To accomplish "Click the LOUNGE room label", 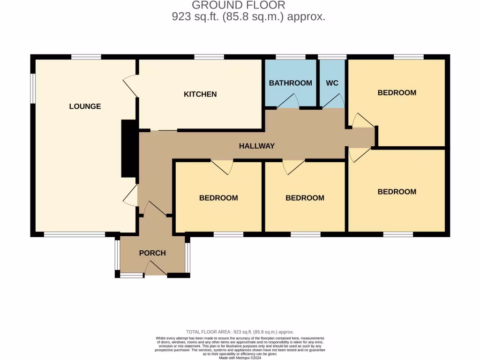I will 85,106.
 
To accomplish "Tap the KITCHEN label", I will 200,94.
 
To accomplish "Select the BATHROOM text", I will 290,83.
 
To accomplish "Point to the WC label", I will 332,83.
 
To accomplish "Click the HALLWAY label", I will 256,146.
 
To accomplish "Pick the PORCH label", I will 152,253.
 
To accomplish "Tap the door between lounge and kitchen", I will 131,86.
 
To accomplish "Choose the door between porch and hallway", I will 155,209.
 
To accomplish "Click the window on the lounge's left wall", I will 33,88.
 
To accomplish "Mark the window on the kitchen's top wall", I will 209,57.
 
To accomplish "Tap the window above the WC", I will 332,57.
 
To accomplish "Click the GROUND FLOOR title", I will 239,6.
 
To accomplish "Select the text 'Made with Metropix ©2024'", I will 240,358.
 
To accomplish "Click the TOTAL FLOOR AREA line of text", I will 240,331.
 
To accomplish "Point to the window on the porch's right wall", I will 187,257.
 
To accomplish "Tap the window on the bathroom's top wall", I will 290,57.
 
